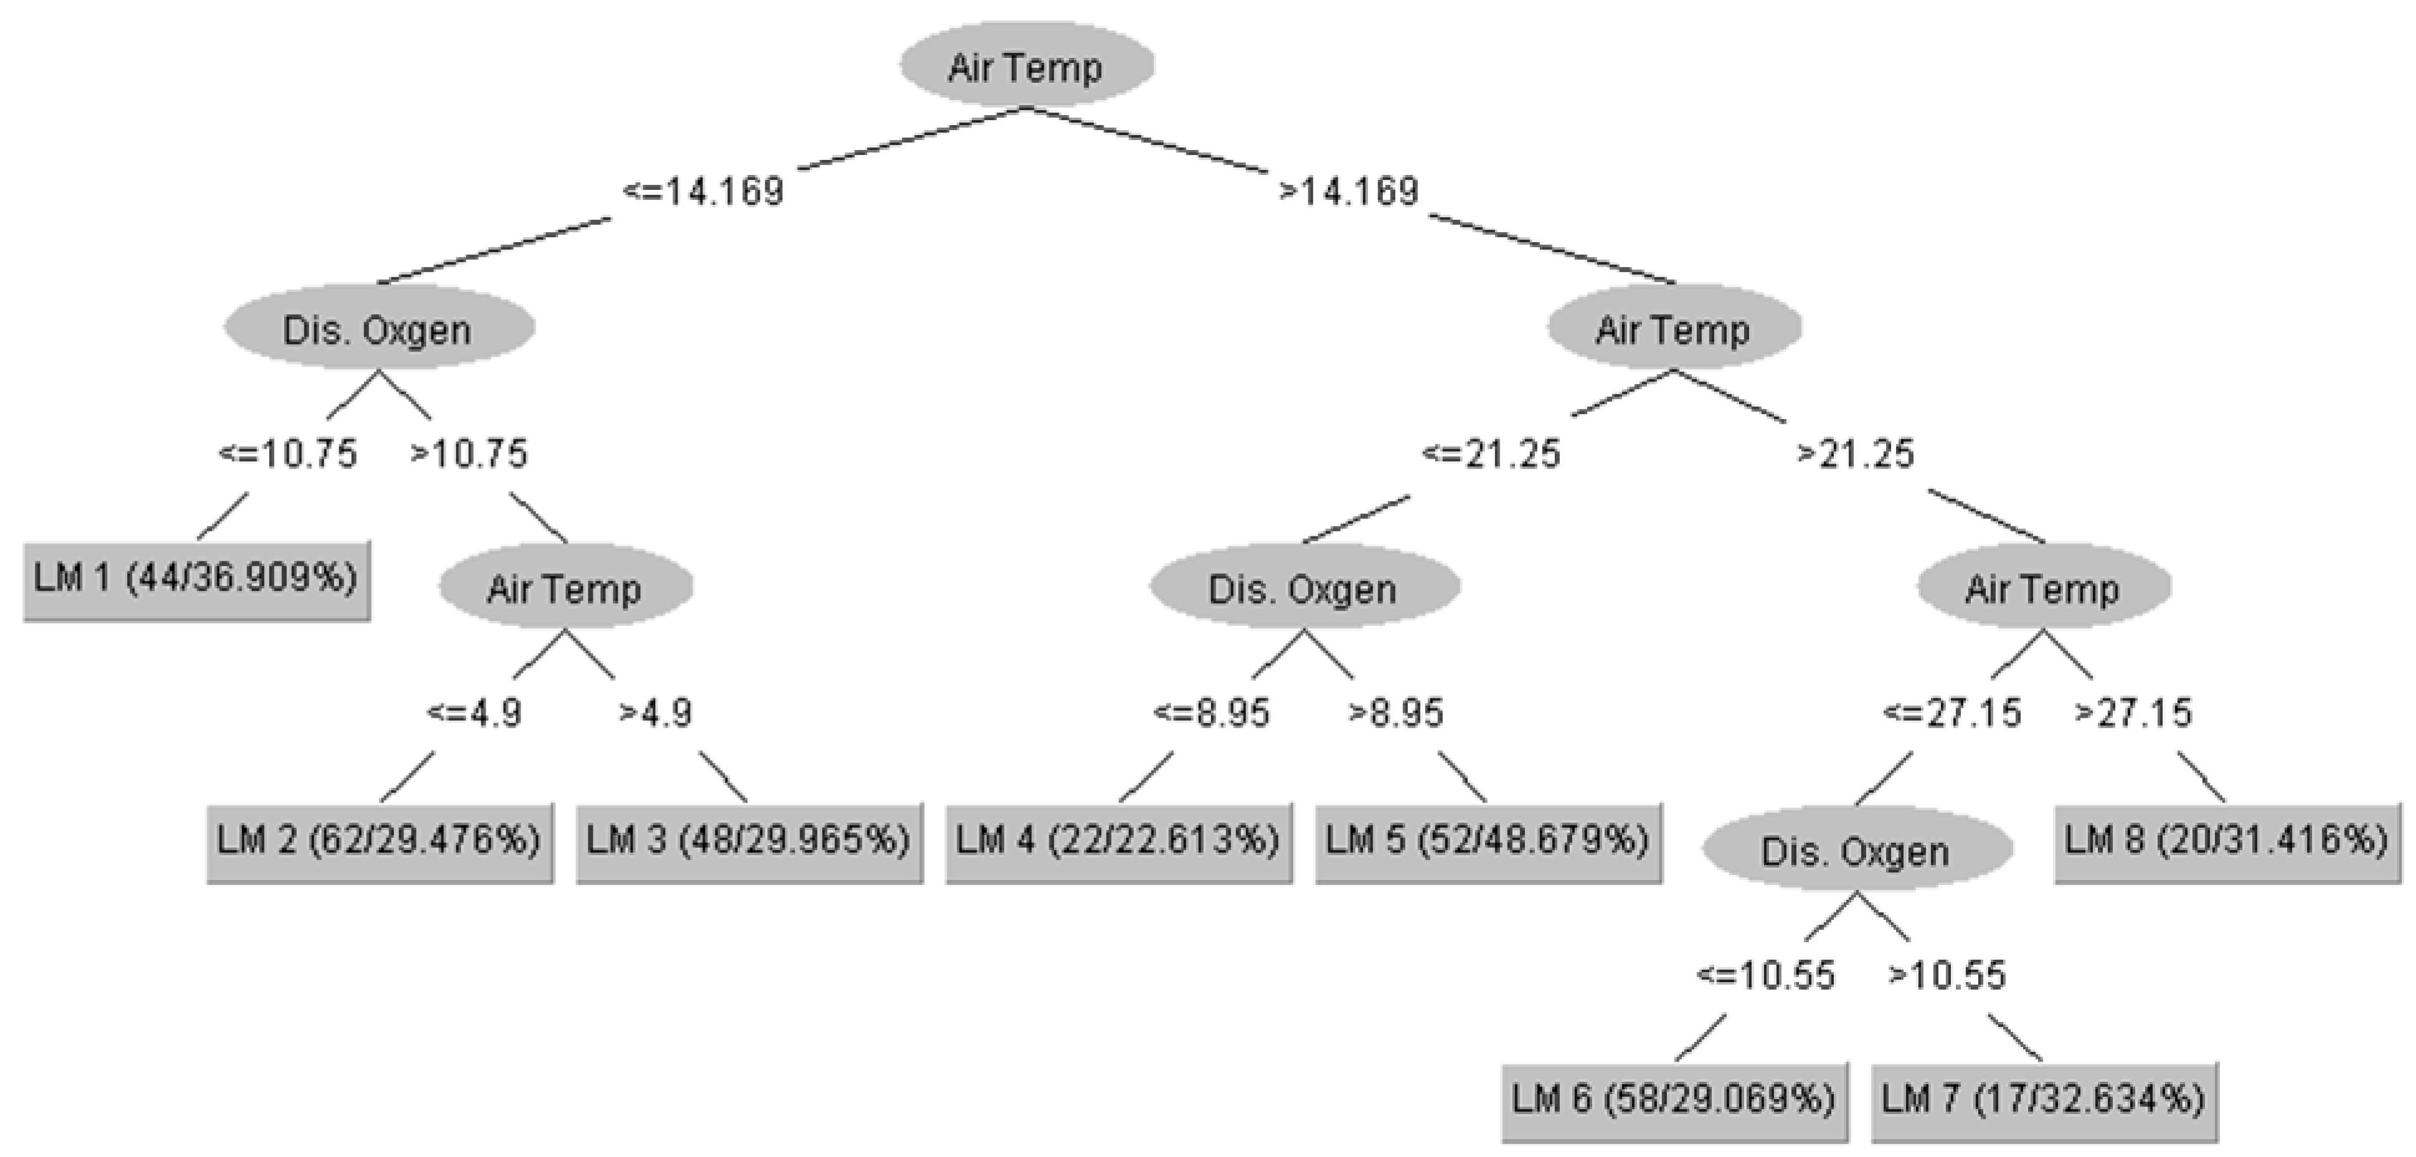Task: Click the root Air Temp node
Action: (1026, 65)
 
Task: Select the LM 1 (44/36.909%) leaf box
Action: (197, 579)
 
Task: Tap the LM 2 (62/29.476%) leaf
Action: (380, 841)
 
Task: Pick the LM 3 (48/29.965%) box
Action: (749, 841)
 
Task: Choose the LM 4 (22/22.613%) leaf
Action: (1118, 841)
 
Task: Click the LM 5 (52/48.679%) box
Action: (1488, 841)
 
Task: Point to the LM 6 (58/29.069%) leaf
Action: (1674, 1100)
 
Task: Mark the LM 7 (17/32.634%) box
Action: (2044, 1100)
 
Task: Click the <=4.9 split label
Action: (474, 713)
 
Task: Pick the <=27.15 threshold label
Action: (1951, 713)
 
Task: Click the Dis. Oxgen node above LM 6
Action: (1857, 850)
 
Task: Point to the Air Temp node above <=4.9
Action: (565, 588)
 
